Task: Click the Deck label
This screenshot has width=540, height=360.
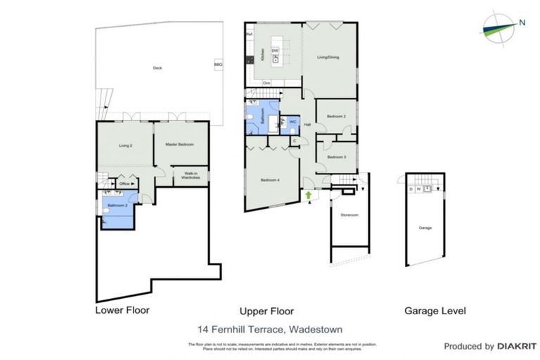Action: [x=157, y=68]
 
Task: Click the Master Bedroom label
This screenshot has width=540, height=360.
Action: [x=180, y=145]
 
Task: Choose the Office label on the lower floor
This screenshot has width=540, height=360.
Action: [x=124, y=184]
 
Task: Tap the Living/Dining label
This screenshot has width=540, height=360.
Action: [x=328, y=58]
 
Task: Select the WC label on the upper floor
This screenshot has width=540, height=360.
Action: [x=292, y=122]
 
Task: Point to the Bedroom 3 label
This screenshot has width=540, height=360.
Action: [x=336, y=157]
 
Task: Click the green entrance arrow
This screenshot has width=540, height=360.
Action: [x=309, y=194]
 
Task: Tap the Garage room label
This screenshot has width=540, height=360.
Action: [x=425, y=229]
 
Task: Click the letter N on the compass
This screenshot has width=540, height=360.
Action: [x=522, y=22]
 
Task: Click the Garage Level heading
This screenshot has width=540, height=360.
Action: [x=435, y=310]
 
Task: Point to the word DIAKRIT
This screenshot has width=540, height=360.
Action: [x=517, y=347]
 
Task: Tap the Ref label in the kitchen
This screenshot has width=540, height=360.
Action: [x=249, y=34]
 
